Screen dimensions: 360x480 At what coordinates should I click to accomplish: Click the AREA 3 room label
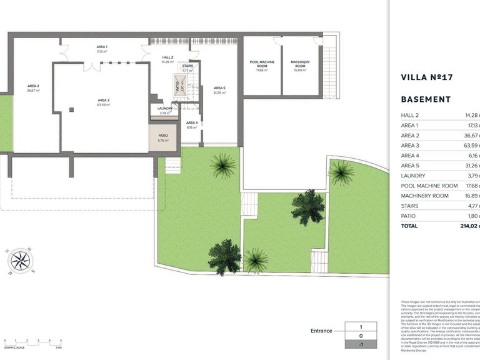click(103, 100)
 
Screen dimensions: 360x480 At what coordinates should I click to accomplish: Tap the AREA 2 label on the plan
click(33, 86)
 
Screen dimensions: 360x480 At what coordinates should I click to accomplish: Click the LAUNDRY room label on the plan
click(164, 109)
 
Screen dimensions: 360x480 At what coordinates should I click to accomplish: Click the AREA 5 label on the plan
click(219, 89)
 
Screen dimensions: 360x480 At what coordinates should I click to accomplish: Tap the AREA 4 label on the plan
click(192, 123)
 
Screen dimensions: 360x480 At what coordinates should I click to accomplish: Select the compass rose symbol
click(21, 261)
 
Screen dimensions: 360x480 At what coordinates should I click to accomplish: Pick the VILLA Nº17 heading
click(426, 77)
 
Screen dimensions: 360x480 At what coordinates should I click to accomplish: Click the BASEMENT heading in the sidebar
click(426, 99)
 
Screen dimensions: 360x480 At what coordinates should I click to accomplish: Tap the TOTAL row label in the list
click(409, 226)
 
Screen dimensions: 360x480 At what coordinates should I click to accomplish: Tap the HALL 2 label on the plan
click(167, 57)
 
